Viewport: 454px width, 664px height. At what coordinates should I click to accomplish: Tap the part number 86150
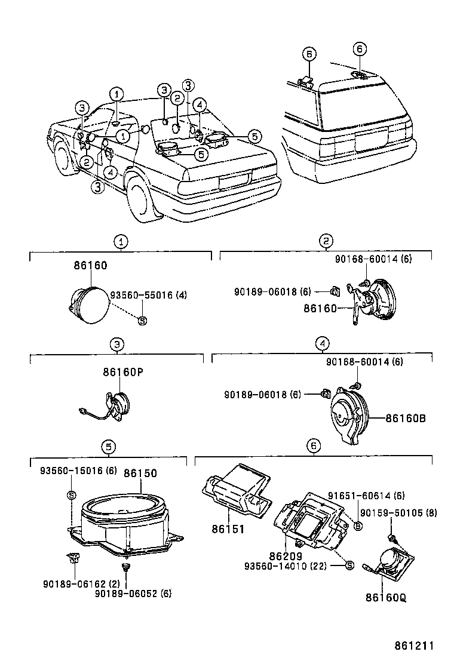tap(140, 474)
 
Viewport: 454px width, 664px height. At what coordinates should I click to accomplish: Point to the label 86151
tap(227, 529)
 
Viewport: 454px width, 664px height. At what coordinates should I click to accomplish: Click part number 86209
tap(291, 555)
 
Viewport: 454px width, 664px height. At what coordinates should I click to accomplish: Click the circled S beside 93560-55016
tap(142, 321)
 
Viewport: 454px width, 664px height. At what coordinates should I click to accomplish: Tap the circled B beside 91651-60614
tap(358, 525)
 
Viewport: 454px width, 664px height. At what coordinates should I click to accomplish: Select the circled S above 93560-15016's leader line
tap(71, 495)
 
